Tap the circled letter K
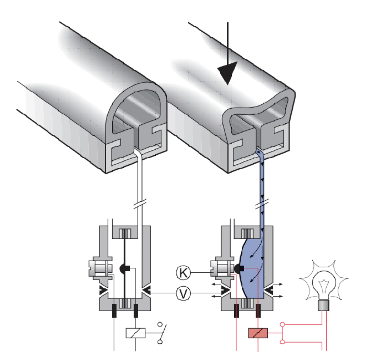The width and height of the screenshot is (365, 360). (x=183, y=273)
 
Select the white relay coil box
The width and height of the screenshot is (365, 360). (x=135, y=333)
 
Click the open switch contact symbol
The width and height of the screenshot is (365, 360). (x=160, y=333)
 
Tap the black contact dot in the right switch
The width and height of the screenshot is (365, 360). (x=238, y=269)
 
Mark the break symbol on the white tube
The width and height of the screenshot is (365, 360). (x=139, y=206)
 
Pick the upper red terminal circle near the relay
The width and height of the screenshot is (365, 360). (x=283, y=325)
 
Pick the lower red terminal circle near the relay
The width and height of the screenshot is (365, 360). (x=283, y=342)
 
